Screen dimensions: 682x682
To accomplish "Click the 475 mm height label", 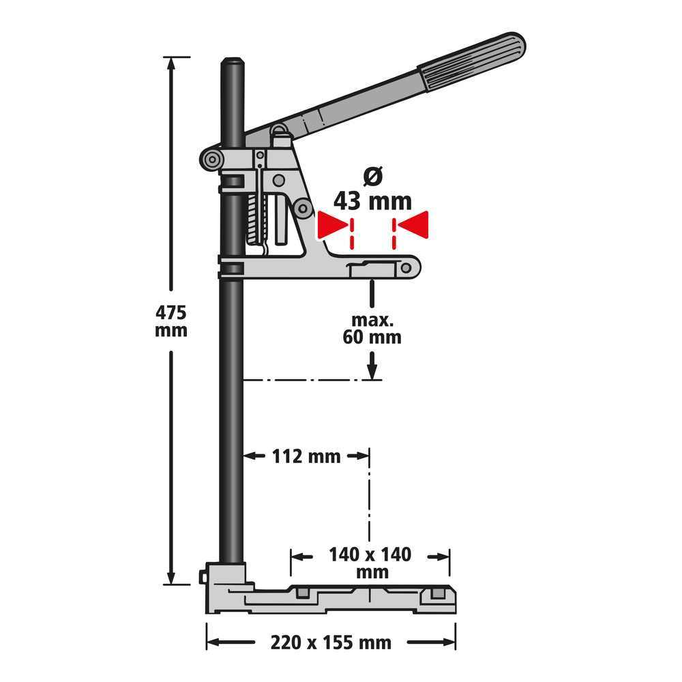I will [x=170, y=321].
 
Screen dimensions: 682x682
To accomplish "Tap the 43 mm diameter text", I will [x=372, y=201].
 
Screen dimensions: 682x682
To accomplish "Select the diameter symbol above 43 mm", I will [x=373, y=176].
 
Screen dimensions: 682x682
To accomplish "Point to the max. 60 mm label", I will [x=372, y=329].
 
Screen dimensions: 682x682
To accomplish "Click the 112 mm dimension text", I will [x=307, y=456].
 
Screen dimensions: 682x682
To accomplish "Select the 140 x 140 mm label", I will [x=370, y=562].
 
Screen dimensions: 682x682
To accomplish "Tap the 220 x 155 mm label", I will [x=331, y=642].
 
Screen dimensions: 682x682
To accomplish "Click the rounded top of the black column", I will [x=232, y=63].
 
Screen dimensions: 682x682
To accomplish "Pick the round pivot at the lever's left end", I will [x=212, y=160].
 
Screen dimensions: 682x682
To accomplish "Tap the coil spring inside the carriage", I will [x=253, y=218].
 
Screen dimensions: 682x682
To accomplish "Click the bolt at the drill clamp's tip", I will [x=406, y=267].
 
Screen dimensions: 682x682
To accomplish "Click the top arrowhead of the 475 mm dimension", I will [x=170, y=64].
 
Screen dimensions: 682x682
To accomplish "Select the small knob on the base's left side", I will [x=203, y=577].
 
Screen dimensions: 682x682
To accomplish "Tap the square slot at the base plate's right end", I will [x=438, y=593].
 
